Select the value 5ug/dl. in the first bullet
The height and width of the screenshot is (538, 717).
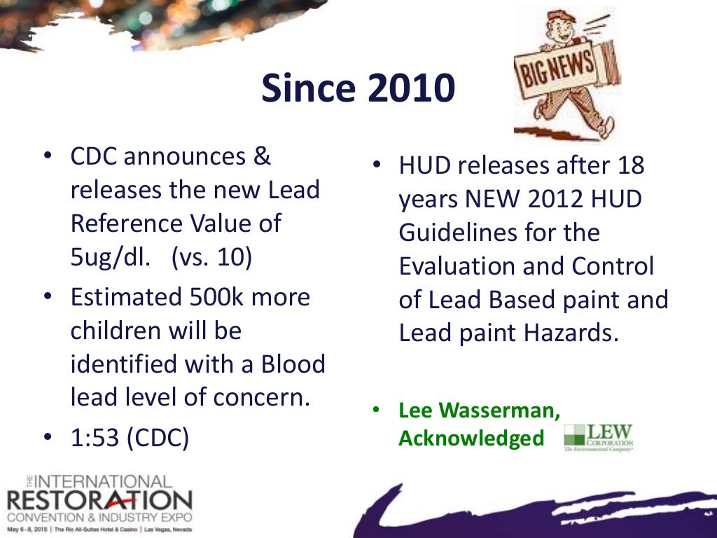tap(110, 256)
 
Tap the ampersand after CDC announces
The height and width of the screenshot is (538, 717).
tap(261, 156)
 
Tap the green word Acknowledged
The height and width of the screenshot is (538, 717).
tap(471, 438)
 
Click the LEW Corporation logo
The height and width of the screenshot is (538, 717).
tap(599, 437)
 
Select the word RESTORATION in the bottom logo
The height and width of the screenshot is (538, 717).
tap(98, 500)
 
